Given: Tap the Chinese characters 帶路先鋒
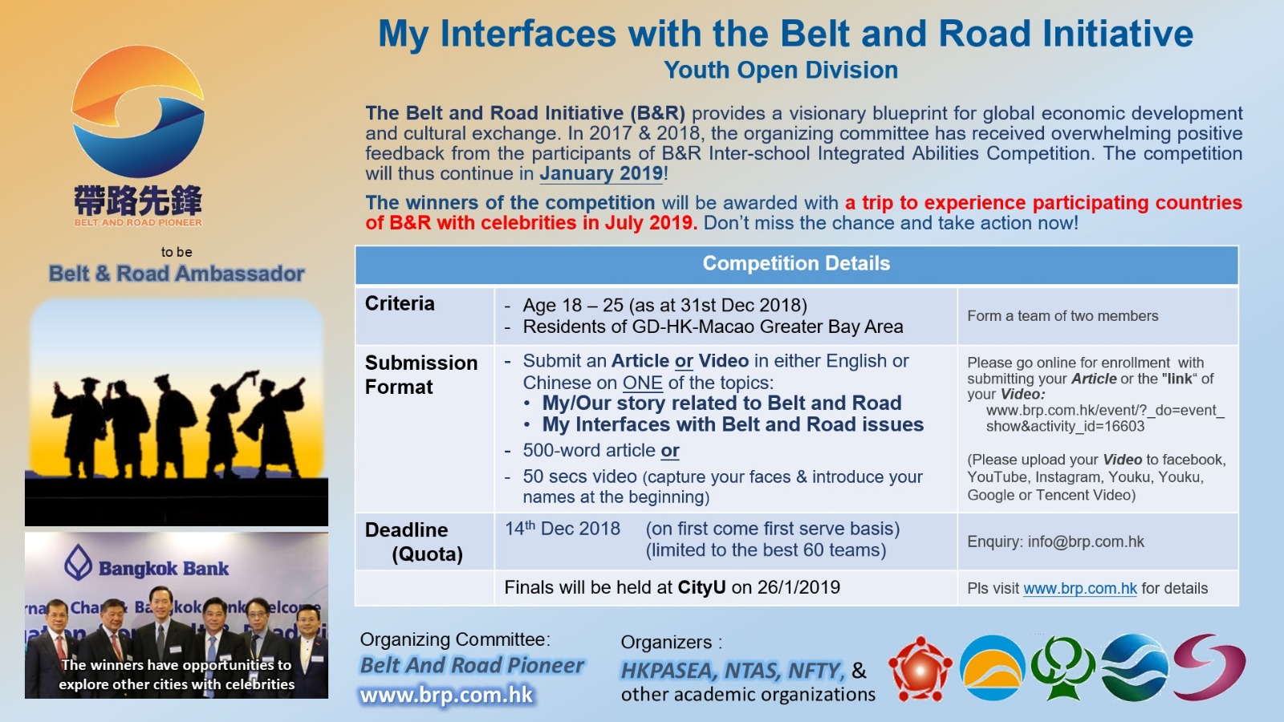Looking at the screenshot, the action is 137,201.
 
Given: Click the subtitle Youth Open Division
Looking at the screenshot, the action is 781,71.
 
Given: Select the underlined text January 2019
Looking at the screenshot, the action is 601,173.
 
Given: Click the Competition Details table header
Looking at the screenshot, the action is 796,264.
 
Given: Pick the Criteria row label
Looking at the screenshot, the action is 400,303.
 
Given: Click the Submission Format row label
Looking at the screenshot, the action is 421,375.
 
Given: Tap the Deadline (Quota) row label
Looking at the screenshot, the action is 414,541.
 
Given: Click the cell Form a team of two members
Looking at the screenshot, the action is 1063,316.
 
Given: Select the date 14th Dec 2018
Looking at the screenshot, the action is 562,528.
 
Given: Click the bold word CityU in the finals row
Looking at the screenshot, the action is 701,587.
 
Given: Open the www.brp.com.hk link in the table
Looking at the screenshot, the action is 1080,589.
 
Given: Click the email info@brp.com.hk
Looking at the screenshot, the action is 1086,542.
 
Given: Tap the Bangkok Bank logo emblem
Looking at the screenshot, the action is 78,562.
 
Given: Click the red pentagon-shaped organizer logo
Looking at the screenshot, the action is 920,669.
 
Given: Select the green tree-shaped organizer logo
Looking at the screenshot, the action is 1063,668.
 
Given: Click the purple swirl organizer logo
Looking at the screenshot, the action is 1209,667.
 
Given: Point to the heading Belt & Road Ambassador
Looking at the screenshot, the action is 176,274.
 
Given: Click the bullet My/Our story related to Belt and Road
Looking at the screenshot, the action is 721,403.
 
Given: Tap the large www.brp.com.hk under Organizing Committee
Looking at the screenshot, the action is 447,695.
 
